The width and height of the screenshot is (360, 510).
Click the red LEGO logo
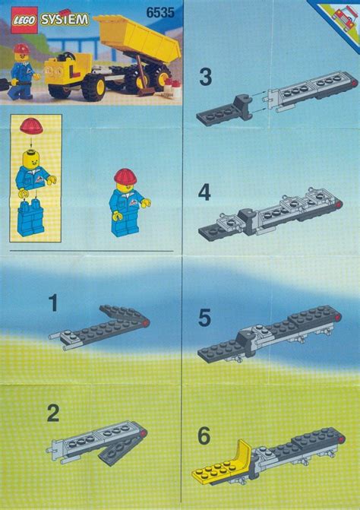pos(24,21)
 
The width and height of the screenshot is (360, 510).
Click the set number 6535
pos(159,13)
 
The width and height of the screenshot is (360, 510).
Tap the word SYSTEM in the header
pos(64,19)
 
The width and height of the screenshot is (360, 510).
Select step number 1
pos(53,303)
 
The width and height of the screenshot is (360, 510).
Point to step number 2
pos(53,413)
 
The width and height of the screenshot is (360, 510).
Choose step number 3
pos(206,78)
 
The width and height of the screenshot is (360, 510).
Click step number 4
pos(204,193)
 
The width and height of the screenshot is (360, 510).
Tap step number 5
pos(204,318)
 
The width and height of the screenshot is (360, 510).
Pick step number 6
pos(204,436)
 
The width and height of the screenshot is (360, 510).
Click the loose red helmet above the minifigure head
pos(31,125)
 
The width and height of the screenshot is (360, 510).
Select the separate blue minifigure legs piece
pos(30,217)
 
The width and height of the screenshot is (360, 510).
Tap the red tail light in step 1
pos(145,322)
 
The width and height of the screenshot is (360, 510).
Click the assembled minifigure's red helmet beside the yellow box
pos(125,176)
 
